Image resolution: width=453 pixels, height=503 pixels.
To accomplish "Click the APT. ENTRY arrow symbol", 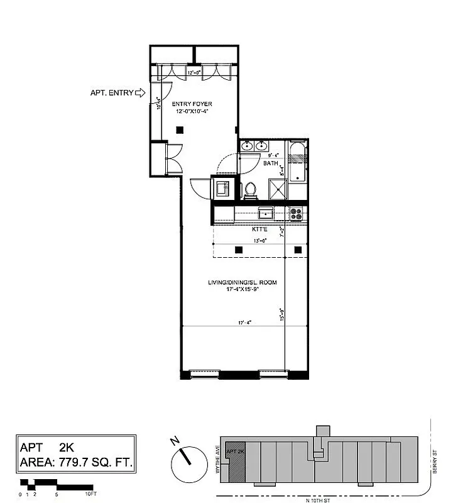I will (x=141, y=93).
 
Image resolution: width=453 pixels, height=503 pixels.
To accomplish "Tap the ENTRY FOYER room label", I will (x=192, y=104).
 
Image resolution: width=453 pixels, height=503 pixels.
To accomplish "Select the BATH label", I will (x=271, y=163).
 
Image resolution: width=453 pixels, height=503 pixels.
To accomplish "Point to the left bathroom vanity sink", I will (x=247, y=146).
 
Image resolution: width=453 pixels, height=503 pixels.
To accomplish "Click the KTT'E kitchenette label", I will (x=260, y=230).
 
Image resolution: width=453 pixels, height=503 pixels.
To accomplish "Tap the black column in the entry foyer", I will (x=180, y=130).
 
